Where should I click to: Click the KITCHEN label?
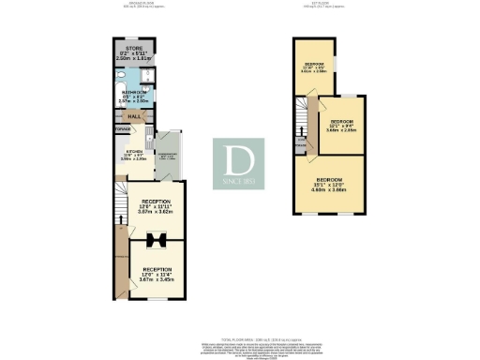click(x=134, y=156)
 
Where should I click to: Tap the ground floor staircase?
click(x=119, y=202)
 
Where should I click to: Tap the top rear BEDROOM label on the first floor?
click(x=313, y=66)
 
